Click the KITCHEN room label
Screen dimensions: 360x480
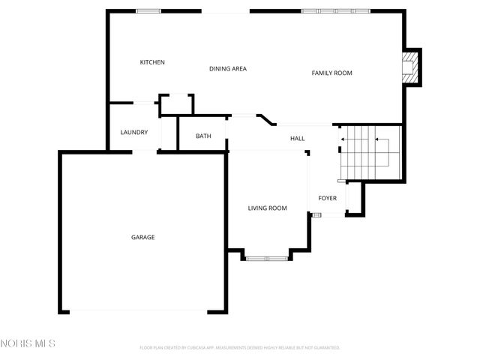coord(152,62)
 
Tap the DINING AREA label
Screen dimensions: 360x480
coord(228,69)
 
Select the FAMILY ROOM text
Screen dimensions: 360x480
coord(331,73)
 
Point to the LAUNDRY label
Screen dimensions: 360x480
coord(134,133)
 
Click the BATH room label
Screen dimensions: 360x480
coord(203,136)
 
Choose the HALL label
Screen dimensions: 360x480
coord(298,139)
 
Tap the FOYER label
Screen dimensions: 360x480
coord(328,199)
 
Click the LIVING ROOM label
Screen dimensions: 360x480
coord(268,208)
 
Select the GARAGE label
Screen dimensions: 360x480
coord(143,237)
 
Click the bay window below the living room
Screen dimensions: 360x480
coord(268,259)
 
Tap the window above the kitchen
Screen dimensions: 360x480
coord(148,11)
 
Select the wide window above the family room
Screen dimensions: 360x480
coord(330,11)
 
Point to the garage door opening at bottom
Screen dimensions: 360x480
coord(142,312)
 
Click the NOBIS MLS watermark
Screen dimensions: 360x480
coord(28,343)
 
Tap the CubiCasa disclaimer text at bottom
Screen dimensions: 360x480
coord(240,348)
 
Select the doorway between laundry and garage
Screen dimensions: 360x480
coord(145,152)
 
